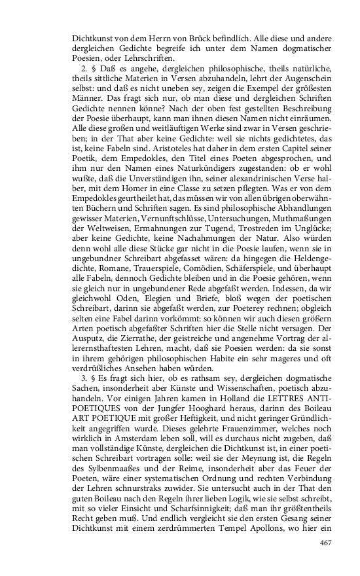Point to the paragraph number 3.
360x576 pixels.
(x=82, y=381)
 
